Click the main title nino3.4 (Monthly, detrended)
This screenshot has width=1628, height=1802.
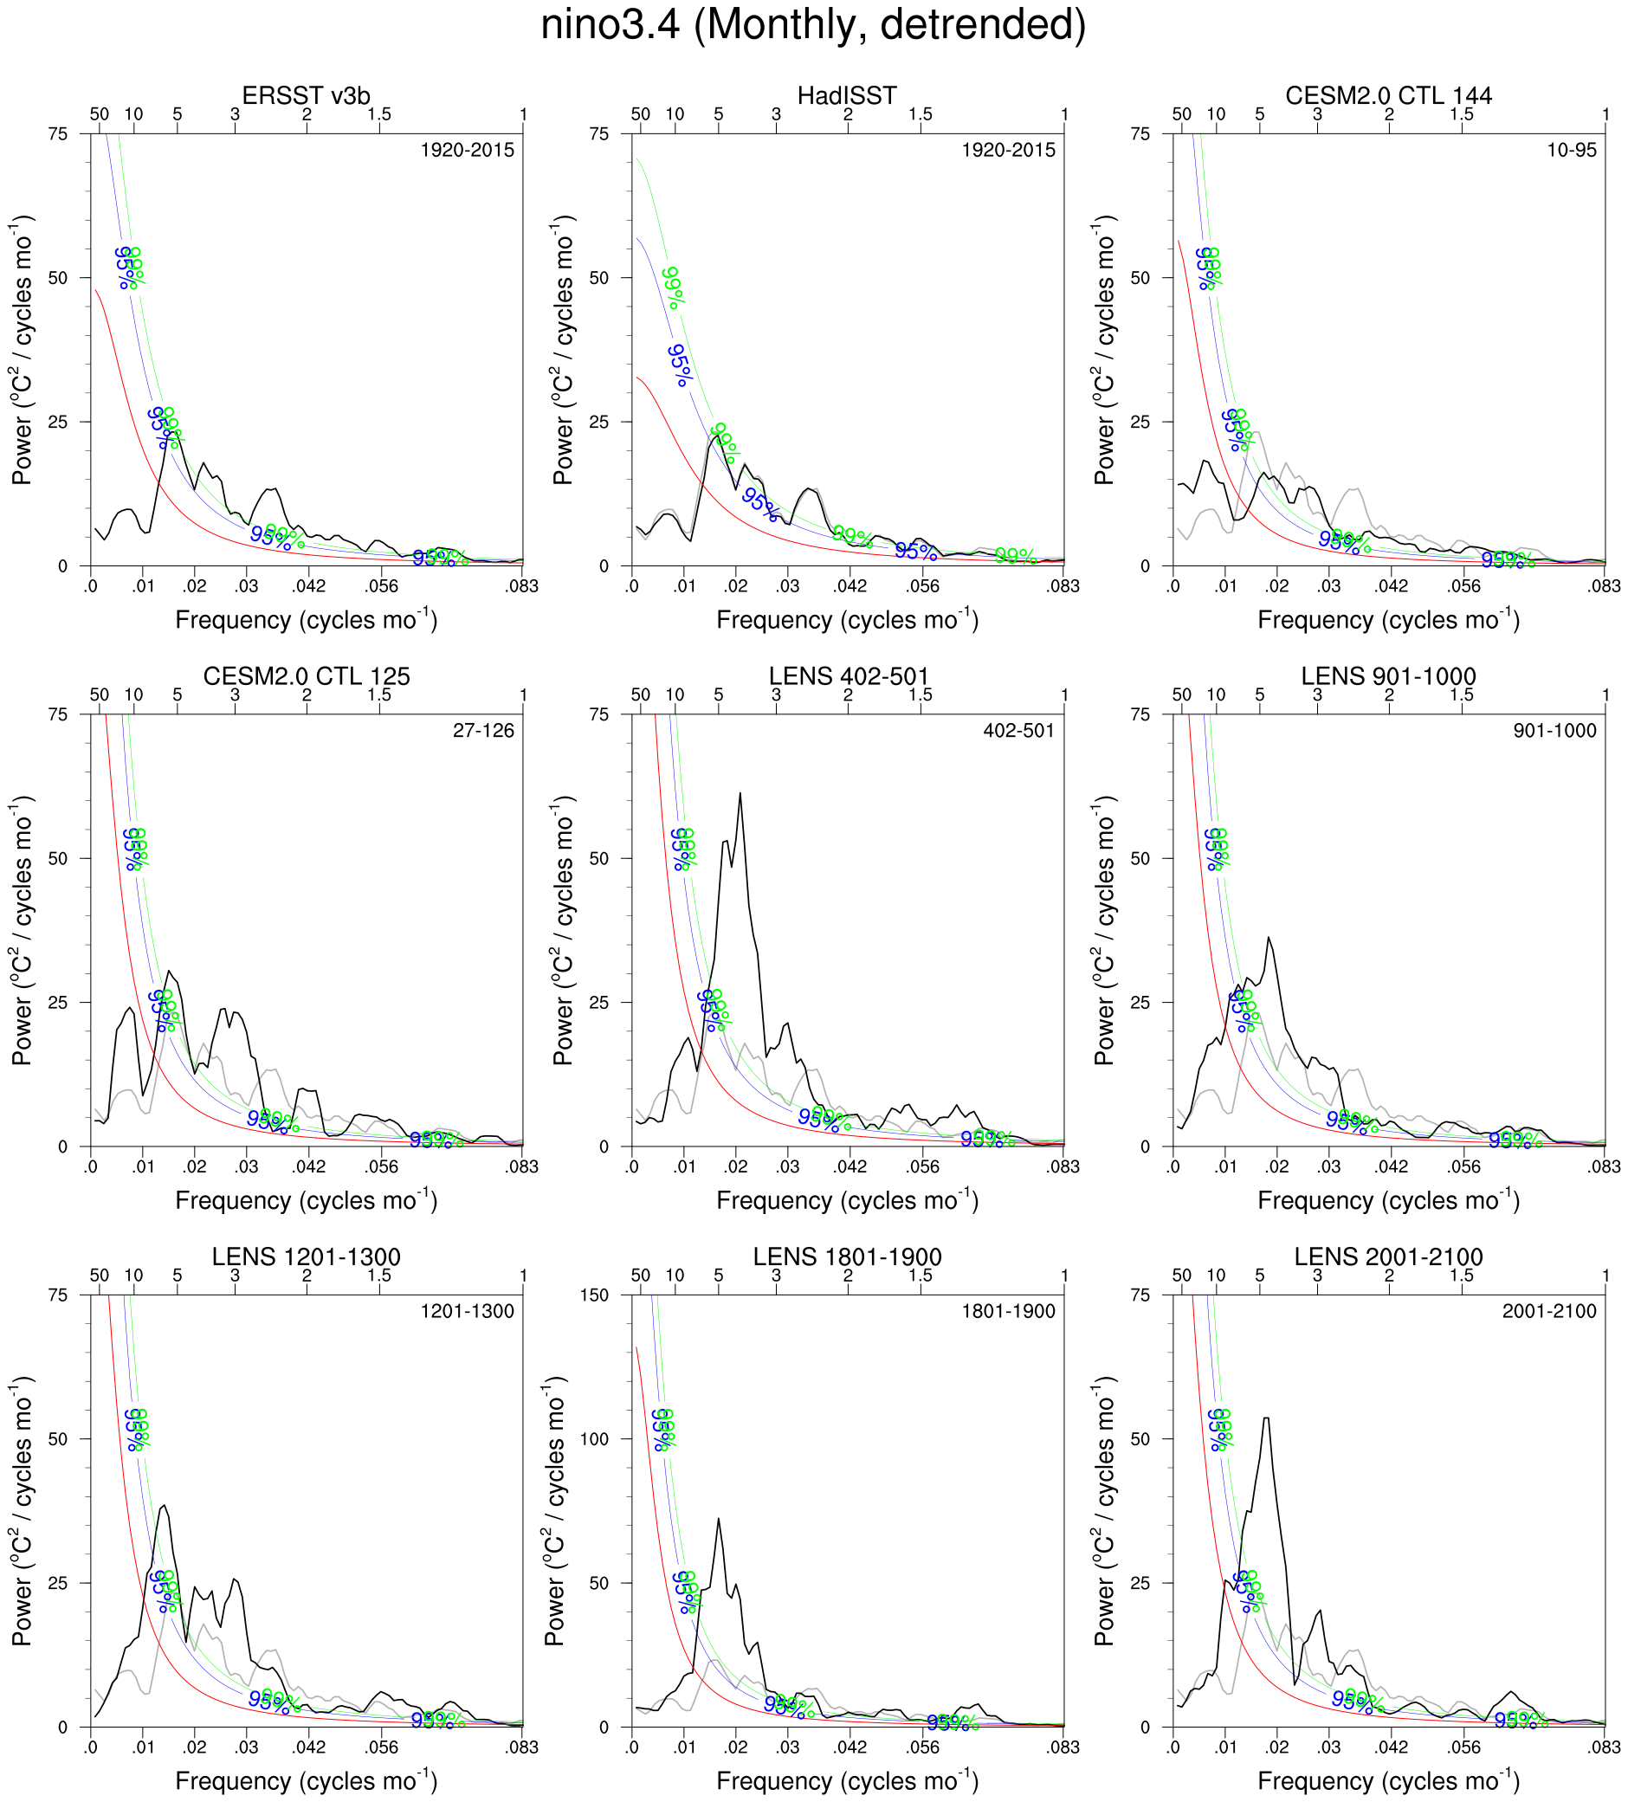coord(812,25)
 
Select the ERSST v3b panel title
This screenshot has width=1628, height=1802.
coord(306,95)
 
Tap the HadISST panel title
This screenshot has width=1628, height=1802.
coord(847,95)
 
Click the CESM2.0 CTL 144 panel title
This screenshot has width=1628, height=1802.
coord(1387,95)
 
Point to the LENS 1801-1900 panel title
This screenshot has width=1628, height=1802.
coord(847,1256)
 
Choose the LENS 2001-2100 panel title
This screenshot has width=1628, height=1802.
coord(1387,1256)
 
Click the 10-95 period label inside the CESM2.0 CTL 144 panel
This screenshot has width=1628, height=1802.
coord(1571,150)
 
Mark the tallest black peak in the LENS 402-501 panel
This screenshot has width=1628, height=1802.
coord(740,794)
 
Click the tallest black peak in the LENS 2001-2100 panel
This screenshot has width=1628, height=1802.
coord(1266,1418)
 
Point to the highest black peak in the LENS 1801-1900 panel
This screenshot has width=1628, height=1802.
coord(718,1519)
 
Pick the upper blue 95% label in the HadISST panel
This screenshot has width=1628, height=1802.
coord(680,365)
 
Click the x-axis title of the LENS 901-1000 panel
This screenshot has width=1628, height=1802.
coord(1387,1199)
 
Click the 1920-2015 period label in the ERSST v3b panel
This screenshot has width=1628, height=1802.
coord(467,150)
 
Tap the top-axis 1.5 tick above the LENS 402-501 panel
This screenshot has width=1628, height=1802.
coord(920,694)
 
